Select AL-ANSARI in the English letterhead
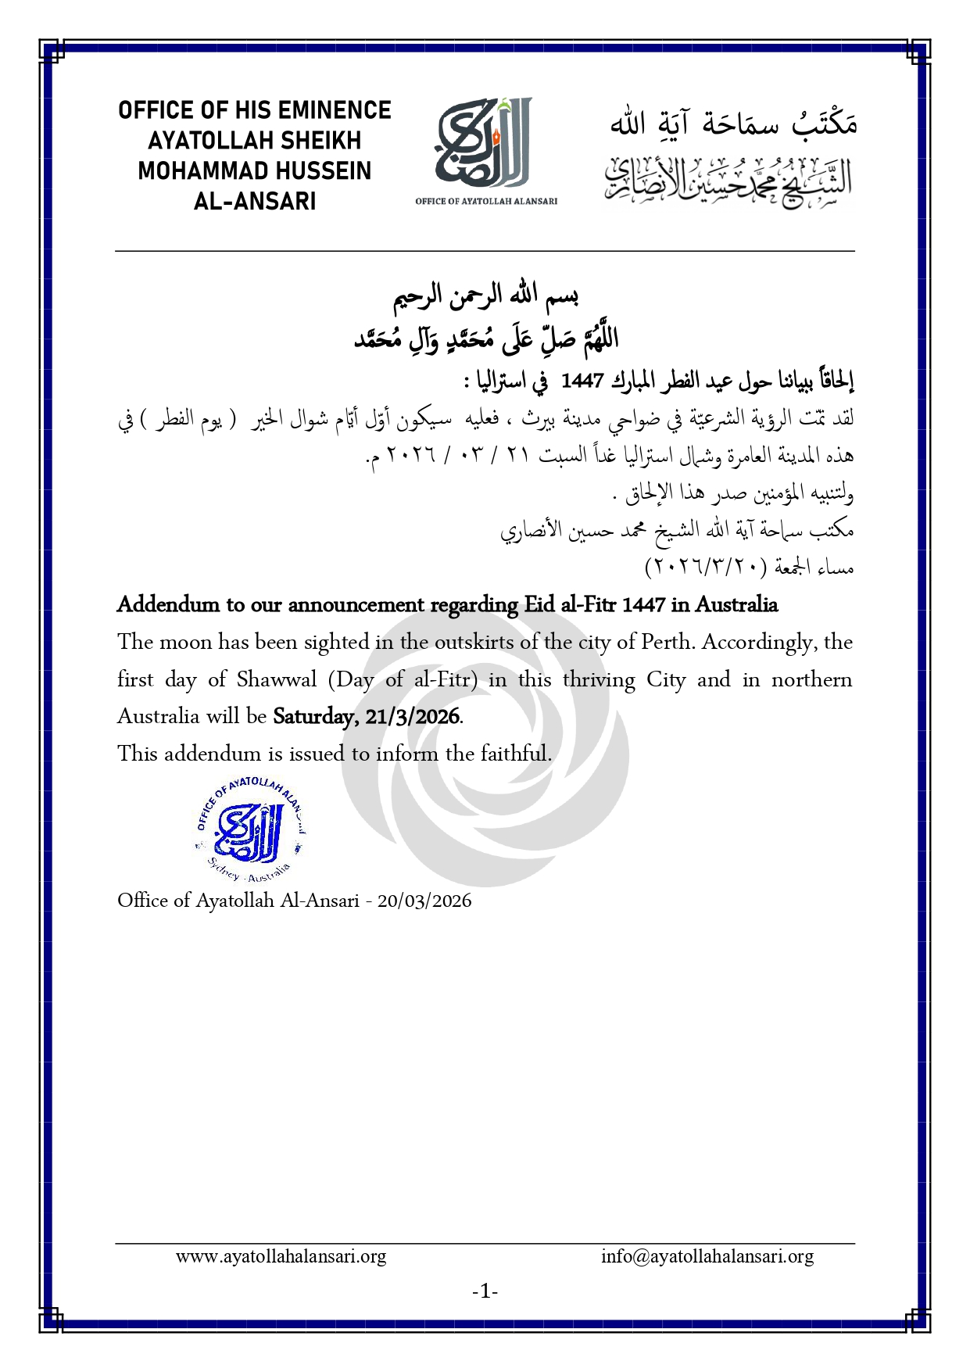tap(255, 202)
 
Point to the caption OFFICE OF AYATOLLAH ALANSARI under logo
tap(486, 201)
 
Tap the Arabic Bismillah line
tap(485, 296)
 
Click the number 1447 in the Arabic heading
tap(582, 381)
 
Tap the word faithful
tap(516, 754)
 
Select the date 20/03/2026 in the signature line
tap(424, 901)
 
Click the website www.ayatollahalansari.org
tap(281, 1257)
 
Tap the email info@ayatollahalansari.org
tap(707, 1257)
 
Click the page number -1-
tap(485, 1291)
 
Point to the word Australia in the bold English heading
tap(736, 604)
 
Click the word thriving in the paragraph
tap(599, 679)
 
